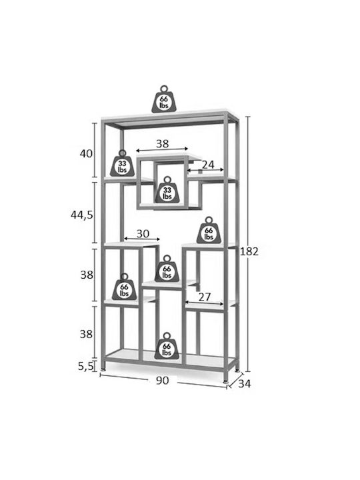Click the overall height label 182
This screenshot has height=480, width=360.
249,251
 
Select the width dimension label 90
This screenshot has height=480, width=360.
162,381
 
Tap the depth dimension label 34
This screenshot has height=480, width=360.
244,383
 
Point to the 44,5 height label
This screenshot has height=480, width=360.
82,215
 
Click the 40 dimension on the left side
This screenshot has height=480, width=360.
86,153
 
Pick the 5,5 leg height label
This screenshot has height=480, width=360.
85,366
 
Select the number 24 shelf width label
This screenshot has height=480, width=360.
208,165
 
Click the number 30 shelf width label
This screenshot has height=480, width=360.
143,233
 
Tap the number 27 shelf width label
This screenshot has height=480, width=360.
205,297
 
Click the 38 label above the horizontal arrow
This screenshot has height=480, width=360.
162,143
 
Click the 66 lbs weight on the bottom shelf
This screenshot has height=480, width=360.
167,346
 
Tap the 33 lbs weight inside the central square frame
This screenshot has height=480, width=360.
167,189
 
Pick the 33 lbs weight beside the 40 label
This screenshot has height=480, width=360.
122,163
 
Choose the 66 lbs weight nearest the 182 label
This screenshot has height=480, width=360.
209,230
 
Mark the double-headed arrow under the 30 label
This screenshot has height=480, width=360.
142,239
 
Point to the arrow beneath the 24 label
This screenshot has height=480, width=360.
206,169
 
